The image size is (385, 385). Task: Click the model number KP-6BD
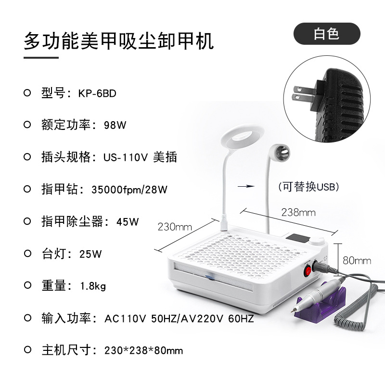[x=97, y=93]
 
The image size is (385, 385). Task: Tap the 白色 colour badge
[x=327, y=34]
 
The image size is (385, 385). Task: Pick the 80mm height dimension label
[x=357, y=260]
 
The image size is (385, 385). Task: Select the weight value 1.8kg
[x=92, y=286]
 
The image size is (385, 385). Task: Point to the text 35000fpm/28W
[x=129, y=190]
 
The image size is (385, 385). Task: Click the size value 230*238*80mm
[x=143, y=350]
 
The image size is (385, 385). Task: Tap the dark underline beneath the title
[x=41, y=58]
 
